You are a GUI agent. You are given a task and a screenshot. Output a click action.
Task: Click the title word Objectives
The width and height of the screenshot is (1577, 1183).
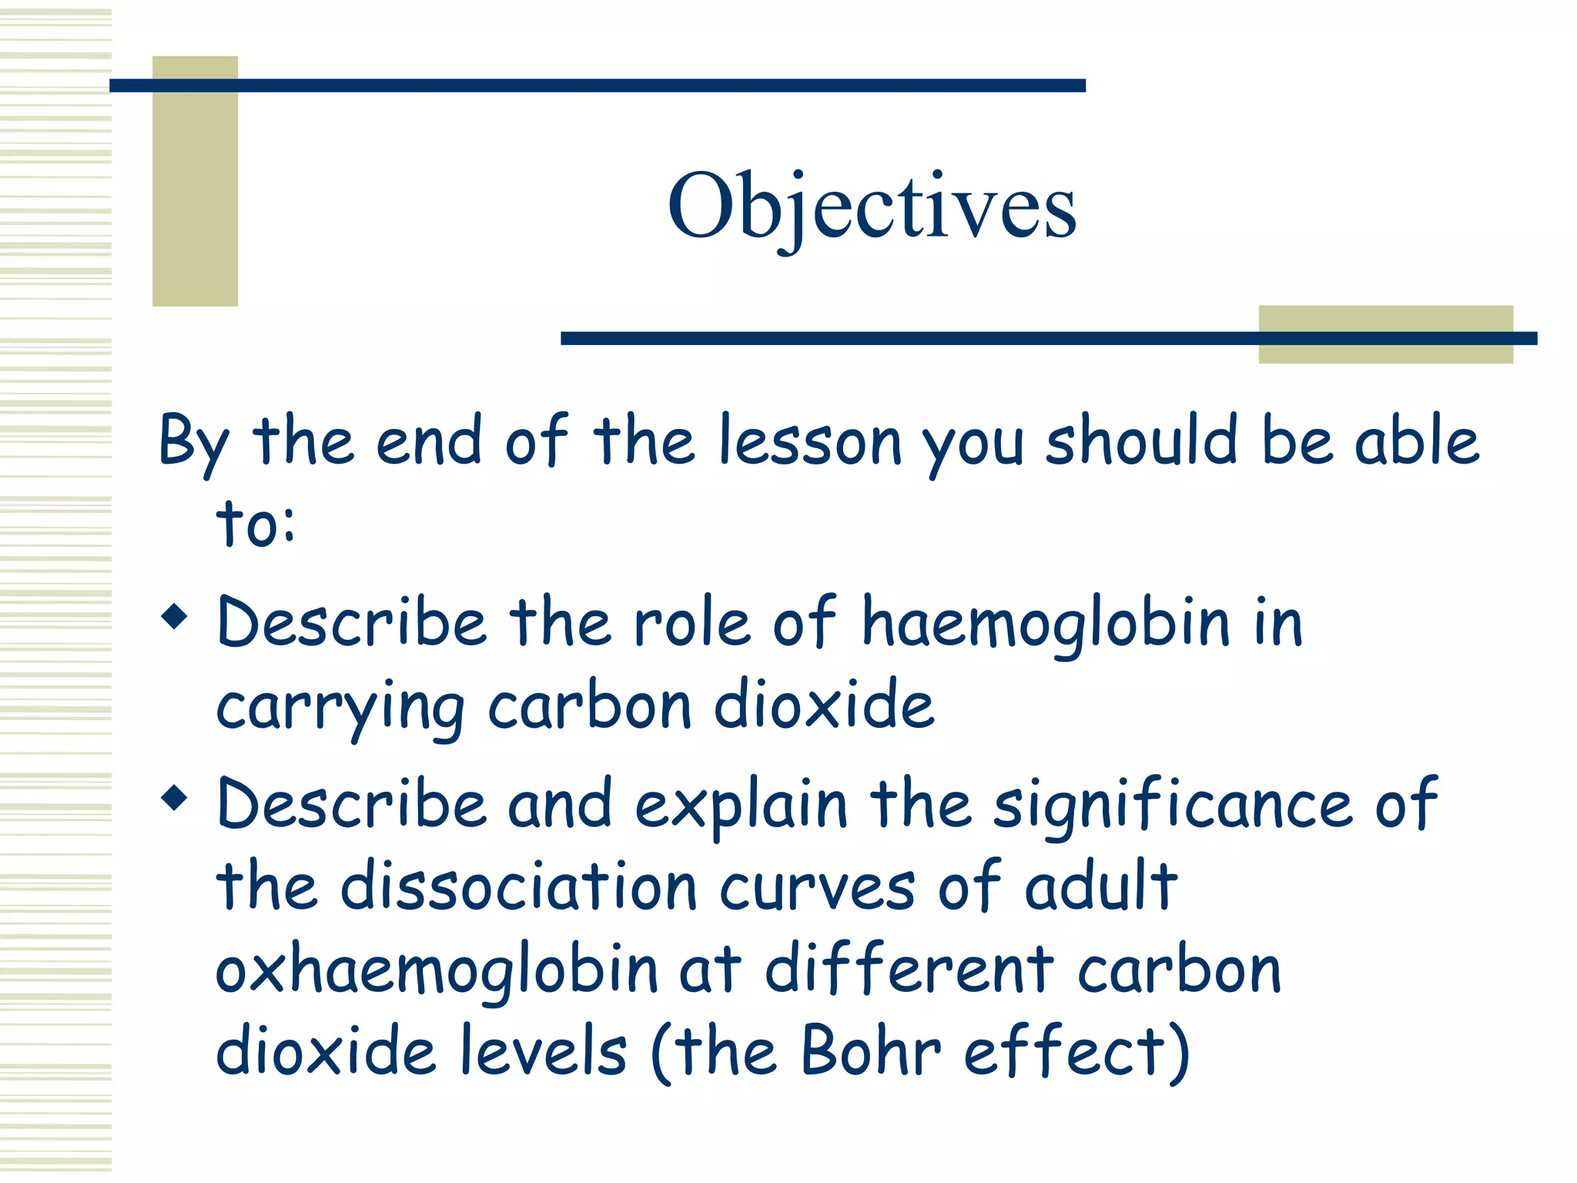(872, 206)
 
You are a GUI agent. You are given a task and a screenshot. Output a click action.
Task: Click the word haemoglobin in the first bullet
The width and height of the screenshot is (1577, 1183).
(1045, 624)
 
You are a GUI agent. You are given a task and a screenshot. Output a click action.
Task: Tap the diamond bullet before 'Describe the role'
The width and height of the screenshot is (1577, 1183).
(175, 616)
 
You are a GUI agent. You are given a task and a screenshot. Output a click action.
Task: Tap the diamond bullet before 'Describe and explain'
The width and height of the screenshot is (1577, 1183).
(175, 798)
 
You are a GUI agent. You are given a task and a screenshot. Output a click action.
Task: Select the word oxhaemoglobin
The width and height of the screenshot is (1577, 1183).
(436, 970)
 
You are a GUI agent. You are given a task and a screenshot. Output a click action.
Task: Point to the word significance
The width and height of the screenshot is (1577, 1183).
(1172, 806)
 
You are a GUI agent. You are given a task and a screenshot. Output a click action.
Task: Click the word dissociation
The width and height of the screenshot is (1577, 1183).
(518, 887)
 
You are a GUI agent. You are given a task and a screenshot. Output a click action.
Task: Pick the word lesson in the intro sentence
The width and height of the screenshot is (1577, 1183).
(809, 442)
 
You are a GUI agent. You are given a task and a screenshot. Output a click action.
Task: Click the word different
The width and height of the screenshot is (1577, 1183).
(909, 970)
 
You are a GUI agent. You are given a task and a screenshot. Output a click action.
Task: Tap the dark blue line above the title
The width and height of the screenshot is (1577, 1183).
(597, 85)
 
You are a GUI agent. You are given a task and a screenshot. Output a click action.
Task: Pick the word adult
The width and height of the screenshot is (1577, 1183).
(1101, 887)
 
